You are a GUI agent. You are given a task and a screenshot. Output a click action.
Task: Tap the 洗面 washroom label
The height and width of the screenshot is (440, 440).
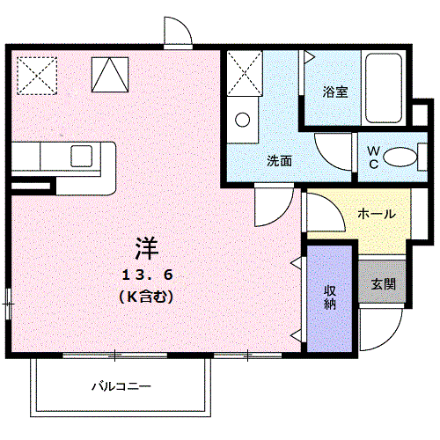[x=280, y=161]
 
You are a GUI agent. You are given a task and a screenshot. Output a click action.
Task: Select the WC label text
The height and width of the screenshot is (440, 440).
[x=373, y=157]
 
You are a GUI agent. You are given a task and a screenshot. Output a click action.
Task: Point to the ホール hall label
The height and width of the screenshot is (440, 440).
[x=376, y=214]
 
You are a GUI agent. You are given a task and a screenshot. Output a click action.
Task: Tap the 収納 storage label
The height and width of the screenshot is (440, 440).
[x=329, y=297]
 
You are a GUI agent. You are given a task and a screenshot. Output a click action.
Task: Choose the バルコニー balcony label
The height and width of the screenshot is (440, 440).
[x=121, y=386]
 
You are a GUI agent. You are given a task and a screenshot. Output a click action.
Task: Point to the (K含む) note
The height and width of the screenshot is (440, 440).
[x=145, y=297]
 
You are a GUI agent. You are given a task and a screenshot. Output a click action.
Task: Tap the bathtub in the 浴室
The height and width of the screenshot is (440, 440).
[x=384, y=88]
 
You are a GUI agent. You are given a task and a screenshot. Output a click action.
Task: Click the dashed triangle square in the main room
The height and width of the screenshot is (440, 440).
[x=109, y=73]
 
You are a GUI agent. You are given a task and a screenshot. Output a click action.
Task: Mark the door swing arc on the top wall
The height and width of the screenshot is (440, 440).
[x=180, y=33]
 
